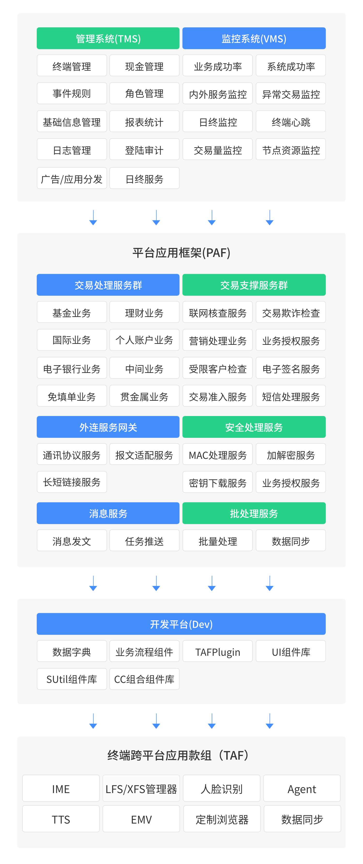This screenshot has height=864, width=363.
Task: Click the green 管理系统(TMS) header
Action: click(x=108, y=38)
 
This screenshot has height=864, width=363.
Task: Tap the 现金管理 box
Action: click(x=144, y=66)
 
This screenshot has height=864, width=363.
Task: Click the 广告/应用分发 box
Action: click(x=72, y=178)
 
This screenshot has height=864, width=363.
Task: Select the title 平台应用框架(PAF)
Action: click(x=181, y=253)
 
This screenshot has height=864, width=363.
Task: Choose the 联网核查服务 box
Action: click(x=218, y=312)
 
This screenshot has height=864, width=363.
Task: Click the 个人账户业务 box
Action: click(x=144, y=340)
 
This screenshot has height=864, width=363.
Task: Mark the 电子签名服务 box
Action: click(x=291, y=368)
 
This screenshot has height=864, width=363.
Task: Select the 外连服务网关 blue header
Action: click(x=108, y=427)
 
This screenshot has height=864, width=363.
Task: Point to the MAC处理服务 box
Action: click(x=218, y=455)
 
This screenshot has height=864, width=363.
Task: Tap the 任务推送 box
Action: click(x=144, y=541)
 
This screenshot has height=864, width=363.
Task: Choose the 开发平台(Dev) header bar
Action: click(x=181, y=624)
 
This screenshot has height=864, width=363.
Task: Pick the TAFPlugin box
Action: click(x=218, y=651)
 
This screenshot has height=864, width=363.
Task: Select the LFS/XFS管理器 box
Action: click(x=141, y=788)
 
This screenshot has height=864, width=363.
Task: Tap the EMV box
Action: click(x=141, y=819)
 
